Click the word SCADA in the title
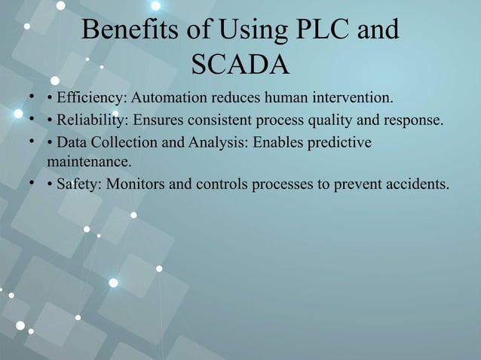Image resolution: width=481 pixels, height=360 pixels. pos(240,65)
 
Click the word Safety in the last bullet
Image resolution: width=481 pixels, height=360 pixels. pos(78,185)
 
